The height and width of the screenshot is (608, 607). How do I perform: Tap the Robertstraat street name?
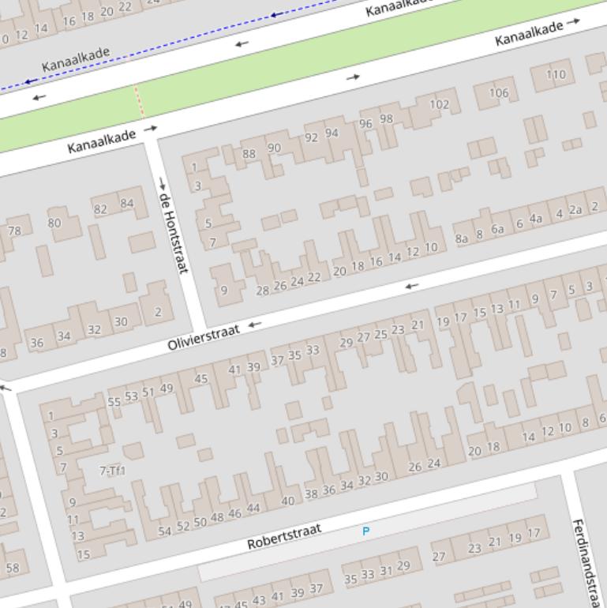[x=284, y=538]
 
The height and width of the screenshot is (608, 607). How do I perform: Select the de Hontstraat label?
[x=174, y=232]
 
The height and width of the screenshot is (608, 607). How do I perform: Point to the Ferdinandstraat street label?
[x=587, y=561]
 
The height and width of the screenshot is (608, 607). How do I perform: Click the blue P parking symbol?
[x=365, y=531]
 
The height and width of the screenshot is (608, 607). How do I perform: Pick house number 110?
[x=556, y=75]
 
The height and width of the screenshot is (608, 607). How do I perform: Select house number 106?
[x=499, y=92]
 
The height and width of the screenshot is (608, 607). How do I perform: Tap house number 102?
[x=439, y=104]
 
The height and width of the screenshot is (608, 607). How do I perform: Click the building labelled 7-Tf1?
[x=112, y=471]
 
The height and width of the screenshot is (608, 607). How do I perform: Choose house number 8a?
[x=462, y=238]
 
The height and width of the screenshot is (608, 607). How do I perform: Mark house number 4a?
[x=536, y=219]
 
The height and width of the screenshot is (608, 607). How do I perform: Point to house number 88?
[x=249, y=154]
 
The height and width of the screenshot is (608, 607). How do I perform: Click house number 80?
[x=54, y=223]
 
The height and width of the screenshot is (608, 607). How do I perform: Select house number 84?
[x=126, y=204]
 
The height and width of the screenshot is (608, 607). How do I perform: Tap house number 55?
[x=114, y=402]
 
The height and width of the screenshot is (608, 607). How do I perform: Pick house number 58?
[x=13, y=567]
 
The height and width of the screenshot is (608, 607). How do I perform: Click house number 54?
[x=164, y=531]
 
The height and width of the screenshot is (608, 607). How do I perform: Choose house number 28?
[x=263, y=291]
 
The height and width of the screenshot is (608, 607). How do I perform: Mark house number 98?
[x=386, y=119]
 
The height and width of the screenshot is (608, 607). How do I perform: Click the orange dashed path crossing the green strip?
[x=139, y=103]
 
